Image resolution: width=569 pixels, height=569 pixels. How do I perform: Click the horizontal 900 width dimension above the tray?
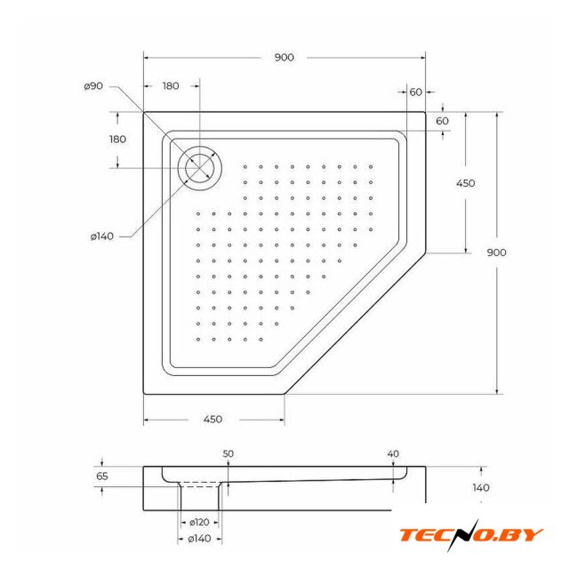pyautogui.click(x=284, y=57)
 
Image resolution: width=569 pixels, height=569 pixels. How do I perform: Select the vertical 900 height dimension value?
pyautogui.click(x=496, y=252)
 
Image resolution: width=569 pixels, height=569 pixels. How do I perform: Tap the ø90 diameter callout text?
pyautogui.click(x=93, y=86)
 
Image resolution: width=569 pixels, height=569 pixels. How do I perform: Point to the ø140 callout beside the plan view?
pyautogui.click(x=102, y=236)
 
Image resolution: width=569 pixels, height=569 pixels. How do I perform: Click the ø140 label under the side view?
pyautogui.click(x=199, y=539)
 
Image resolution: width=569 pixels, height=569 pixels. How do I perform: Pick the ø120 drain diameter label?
pyautogui.click(x=199, y=522)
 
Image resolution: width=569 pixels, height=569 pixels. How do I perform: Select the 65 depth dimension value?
pyautogui.click(x=102, y=477)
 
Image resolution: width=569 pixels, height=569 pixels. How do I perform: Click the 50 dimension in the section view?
pyautogui.click(x=228, y=453)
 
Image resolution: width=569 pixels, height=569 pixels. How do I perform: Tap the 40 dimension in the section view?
pyautogui.click(x=393, y=453)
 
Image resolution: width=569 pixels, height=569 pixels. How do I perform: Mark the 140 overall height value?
pyautogui.click(x=481, y=487)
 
